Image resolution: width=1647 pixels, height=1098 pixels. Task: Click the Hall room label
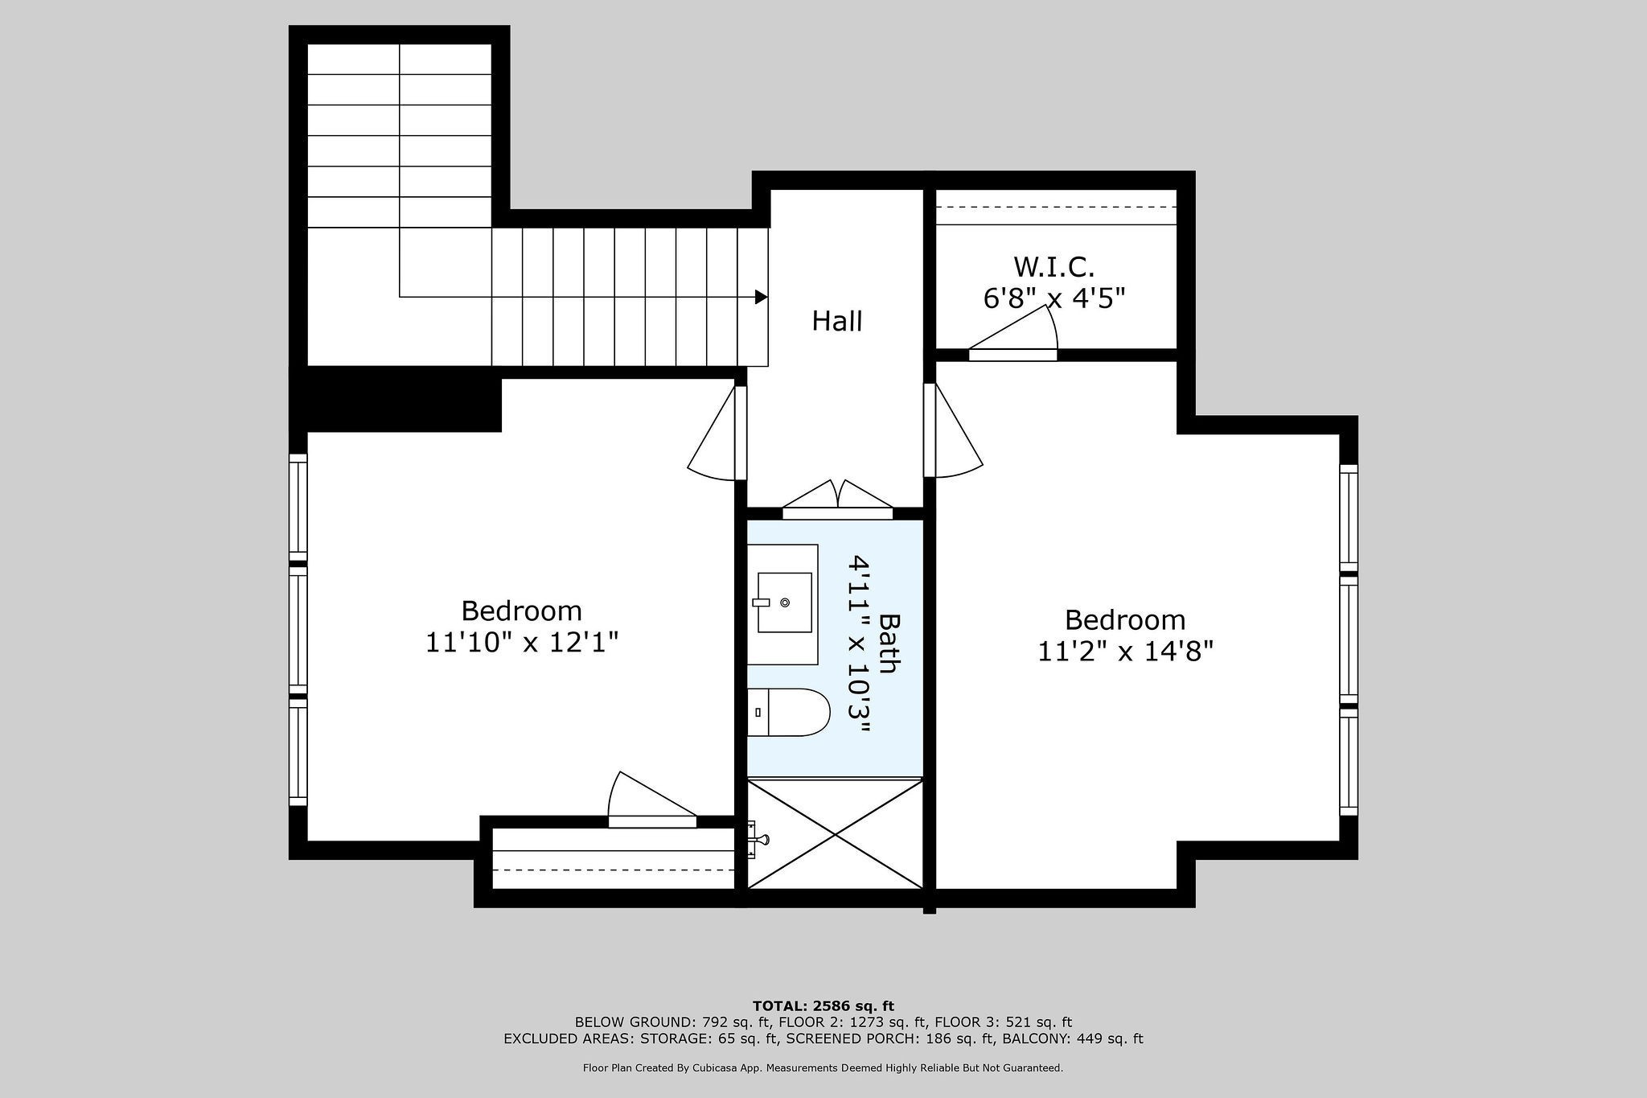coord(837,322)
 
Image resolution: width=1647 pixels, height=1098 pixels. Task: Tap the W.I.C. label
coord(1054,266)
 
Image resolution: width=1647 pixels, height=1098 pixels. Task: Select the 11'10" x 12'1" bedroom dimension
coord(522,643)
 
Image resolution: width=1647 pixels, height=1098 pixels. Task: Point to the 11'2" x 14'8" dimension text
coord(1125,651)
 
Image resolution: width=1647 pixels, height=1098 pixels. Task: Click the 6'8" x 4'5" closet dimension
coord(1054,298)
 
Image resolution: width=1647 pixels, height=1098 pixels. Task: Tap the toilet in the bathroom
coord(788,713)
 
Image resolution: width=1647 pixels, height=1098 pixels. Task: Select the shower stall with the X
coord(836,833)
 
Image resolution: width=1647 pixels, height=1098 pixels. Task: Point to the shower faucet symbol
coord(757,840)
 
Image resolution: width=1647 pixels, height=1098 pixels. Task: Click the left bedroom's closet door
coord(652,800)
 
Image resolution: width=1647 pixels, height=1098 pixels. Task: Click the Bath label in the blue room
coord(889,644)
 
